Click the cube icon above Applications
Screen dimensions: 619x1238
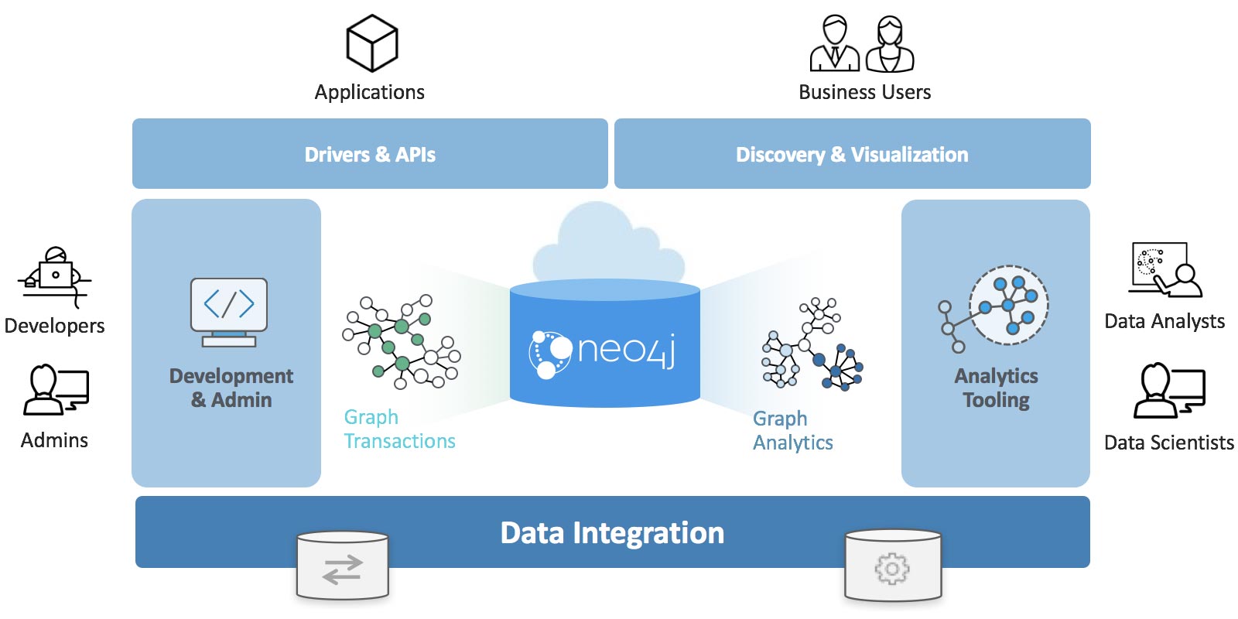(371, 43)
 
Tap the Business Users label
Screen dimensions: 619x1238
(864, 92)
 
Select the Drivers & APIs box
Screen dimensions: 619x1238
(370, 154)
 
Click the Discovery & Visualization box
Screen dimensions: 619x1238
(852, 154)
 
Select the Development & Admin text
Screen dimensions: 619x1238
(231, 388)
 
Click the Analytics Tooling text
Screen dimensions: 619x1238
(996, 388)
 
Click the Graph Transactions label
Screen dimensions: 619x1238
(399, 429)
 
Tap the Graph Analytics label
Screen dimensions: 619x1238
(792, 430)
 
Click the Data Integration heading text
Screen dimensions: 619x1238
(612, 533)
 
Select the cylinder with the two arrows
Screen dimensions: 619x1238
(343, 566)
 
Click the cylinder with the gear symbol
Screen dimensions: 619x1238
(892, 566)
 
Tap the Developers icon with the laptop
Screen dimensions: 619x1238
(54, 277)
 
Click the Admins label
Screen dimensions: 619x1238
(54, 440)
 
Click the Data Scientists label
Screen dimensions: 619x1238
(1168, 443)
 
